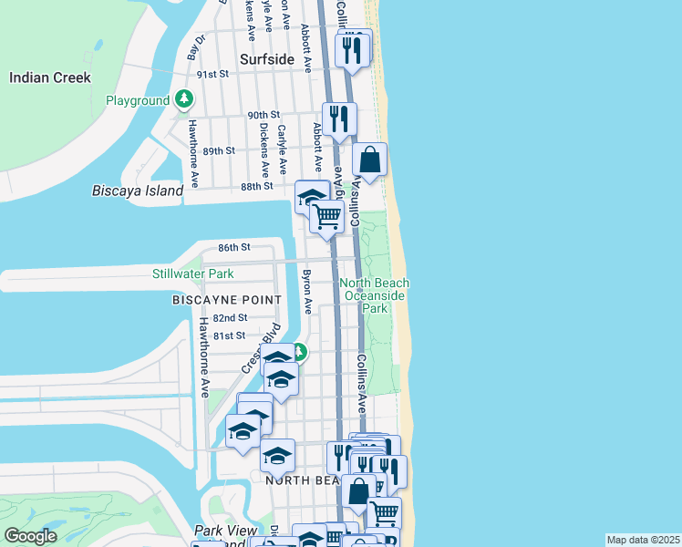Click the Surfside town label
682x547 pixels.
click(267, 59)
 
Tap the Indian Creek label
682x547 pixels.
click(50, 77)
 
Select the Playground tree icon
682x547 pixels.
click(184, 99)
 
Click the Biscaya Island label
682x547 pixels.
click(138, 191)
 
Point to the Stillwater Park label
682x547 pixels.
click(192, 273)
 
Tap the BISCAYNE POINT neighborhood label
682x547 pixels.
click(227, 299)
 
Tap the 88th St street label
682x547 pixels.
click(257, 186)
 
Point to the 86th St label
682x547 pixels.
click(233, 247)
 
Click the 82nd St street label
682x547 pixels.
click(230, 318)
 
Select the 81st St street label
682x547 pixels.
click(230, 335)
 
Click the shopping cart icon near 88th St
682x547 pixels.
click(326, 217)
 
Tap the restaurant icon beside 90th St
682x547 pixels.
click(339, 119)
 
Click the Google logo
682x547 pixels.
click(30, 537)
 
